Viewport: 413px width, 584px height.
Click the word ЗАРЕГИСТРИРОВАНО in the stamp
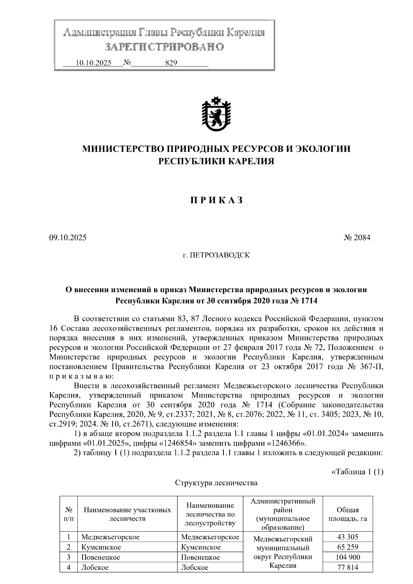coord(164,46)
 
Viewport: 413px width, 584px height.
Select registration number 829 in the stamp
coord(171,63)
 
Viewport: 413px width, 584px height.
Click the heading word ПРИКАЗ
coord(216,201)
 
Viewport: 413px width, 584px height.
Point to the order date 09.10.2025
coord(68,237)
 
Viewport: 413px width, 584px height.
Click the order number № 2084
coord(357,237)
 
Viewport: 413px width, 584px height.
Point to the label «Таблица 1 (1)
coord(357,471)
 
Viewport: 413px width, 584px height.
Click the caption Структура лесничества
coord(216,483)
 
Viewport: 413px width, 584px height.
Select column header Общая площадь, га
coord(348,514)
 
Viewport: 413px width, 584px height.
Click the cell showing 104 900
coord(348,557)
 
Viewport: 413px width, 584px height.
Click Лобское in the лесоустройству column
coord(194,567)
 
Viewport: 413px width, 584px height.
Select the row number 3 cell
coord(68,557)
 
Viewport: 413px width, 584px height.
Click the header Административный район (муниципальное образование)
coord(283,514)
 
